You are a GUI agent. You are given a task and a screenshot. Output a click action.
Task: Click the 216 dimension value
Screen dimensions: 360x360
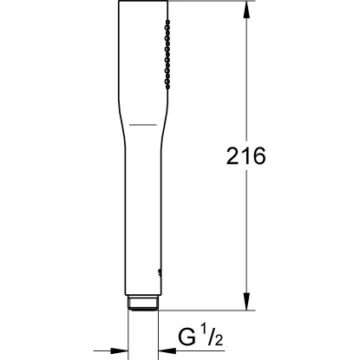point(245,156)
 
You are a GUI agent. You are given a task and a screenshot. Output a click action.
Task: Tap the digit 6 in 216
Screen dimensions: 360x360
point(259,156)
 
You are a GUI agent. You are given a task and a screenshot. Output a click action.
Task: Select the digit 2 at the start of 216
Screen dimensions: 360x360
point(232,156)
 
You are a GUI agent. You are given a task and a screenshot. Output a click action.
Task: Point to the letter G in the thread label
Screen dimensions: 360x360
point(187,337)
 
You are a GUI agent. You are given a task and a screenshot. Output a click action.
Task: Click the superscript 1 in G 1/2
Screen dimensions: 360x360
point(204,333)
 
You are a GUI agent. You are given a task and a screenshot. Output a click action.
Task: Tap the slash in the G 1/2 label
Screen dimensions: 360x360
point(211,337)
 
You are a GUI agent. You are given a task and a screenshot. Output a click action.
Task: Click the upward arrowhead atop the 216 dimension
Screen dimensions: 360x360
point(246,10)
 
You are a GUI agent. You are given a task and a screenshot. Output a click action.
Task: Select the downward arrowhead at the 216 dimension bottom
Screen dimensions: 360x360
point(246,302)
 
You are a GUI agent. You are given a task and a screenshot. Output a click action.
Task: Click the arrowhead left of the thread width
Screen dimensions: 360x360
point(120,351)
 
